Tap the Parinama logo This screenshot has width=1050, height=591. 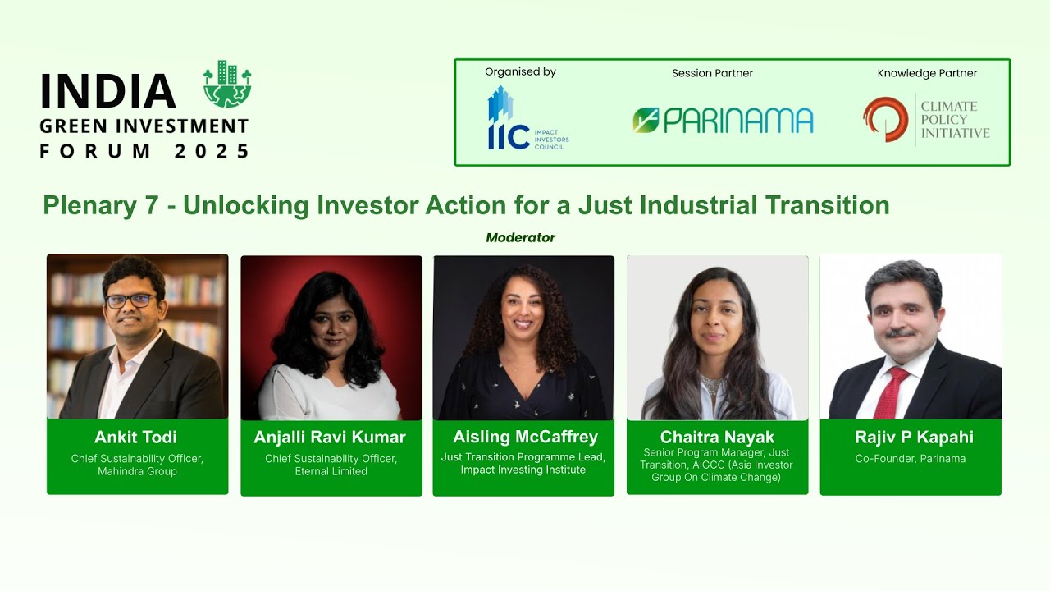coord(723,121)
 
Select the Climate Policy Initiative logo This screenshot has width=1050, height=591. coord(926,120)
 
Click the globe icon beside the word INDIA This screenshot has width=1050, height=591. coord(227,85)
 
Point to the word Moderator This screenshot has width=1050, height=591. coord(520,237)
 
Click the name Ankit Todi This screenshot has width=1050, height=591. coord(136,438)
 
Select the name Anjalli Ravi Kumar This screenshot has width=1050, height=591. coord(330,438)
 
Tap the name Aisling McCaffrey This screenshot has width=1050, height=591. coord(525,437)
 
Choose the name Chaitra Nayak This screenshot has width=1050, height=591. coord(717,437)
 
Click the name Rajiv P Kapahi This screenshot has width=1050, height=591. coord(911,438)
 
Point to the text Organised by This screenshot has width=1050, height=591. coord(520,72)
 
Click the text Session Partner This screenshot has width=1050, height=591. coord(712,73)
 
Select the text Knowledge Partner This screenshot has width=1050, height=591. coord(927,73)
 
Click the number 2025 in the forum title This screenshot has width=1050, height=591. coord(212,151)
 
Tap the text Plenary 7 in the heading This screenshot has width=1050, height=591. coord(100,205)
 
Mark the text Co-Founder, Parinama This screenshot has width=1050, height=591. coord(911,459)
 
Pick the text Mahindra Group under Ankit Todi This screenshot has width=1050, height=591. coord(137,471)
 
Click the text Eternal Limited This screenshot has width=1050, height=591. coord(331,471)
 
